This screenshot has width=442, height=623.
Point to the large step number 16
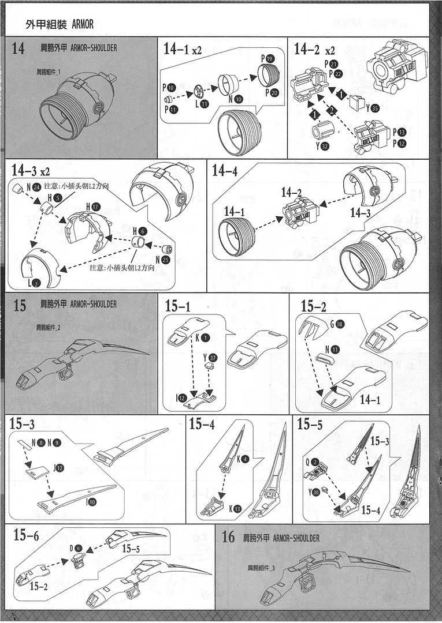228,538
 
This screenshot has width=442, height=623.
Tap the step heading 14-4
225,171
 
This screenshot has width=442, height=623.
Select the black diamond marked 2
329,108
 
